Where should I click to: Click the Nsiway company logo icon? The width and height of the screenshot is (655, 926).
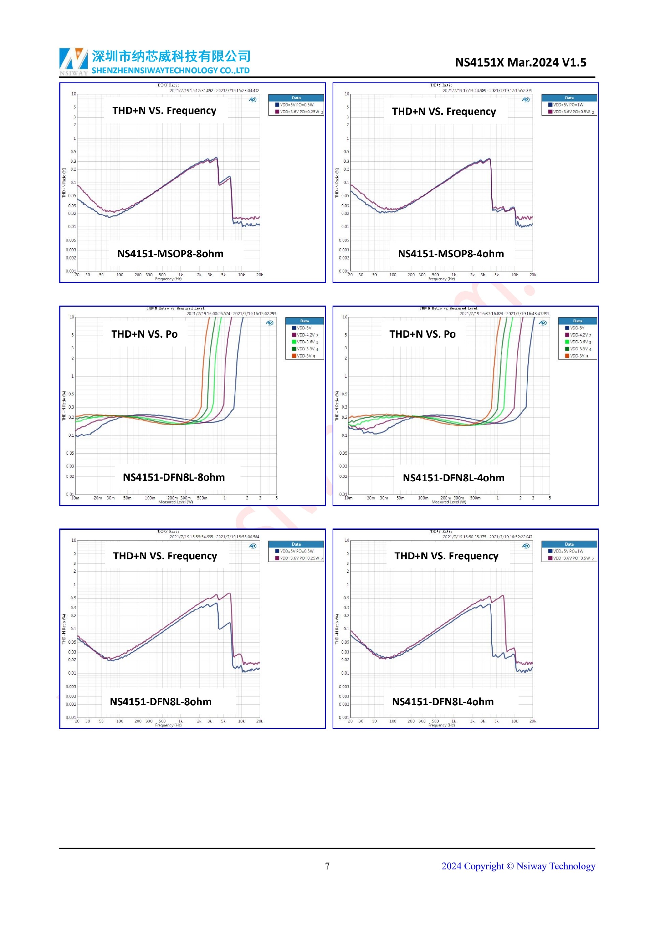tap(73, 61)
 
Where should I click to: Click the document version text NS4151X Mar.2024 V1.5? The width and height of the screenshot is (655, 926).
tap(520, 62)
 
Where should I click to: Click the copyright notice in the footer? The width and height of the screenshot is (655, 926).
tap(518, 866)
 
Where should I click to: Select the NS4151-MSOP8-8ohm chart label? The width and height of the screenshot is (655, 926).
tap(170, 254)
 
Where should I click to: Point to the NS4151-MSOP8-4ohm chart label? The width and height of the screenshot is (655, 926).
tap(451, 254)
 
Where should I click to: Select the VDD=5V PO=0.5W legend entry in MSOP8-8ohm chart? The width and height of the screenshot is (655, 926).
tap(296, 105)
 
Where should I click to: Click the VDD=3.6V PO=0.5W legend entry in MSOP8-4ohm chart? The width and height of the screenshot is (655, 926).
tap(571, 112)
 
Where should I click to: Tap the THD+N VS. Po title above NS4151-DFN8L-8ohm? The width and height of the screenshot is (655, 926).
tap(144, 334)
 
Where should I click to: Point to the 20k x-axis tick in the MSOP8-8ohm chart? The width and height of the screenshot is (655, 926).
tap(259, 275)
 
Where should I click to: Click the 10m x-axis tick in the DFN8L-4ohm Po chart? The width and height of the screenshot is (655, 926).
tap(348, 498)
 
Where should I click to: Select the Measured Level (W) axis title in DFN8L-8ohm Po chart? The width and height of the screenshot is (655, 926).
tap(175, 502)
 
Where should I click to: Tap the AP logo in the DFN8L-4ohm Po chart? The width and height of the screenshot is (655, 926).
tap(542, 323)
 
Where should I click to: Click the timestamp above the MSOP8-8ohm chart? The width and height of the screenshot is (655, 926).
tap(214, 91)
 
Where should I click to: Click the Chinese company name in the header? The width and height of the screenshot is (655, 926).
tap(171, 56)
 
